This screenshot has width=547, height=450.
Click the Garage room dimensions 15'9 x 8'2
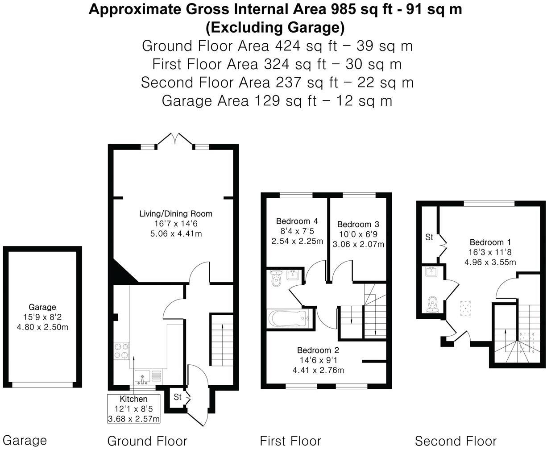pyautogui.click(x=42, y=317)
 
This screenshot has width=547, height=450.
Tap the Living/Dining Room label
pyautogui.click(x=176, y=214)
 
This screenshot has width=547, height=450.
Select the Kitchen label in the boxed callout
pyautogui.click(x=133, y=399)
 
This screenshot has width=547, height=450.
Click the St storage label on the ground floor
pyautogui.click(x=178, y=397)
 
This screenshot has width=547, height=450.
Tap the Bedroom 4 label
pyautogui.click(x=297, y=221)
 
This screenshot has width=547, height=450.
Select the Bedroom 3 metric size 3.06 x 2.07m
pyautogui.click(x=358, y=244)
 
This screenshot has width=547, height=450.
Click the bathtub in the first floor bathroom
pyautogui.click(x=288, y=318)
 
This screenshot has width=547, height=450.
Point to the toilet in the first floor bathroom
pyautogui.click(x=276, y=278)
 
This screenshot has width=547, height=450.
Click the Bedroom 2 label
pyautogui.click(x=318, y=350)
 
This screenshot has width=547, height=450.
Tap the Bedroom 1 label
pyautogui.click(x=490, y=242)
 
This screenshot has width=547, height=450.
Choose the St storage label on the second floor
pyautogui.click(x=429, y=237)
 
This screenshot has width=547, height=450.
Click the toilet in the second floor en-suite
pyautogui.click(x=432, y=304)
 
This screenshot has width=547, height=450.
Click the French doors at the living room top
pyautogui.click(x=175, y=139)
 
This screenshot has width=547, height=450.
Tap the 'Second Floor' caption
pyautogui.click(x=456, y=441)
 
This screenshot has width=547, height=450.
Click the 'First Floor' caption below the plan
pyautogui.click(x=290, y=441)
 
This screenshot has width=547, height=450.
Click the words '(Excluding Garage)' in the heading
pyautogui.click(x=275, y=28)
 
